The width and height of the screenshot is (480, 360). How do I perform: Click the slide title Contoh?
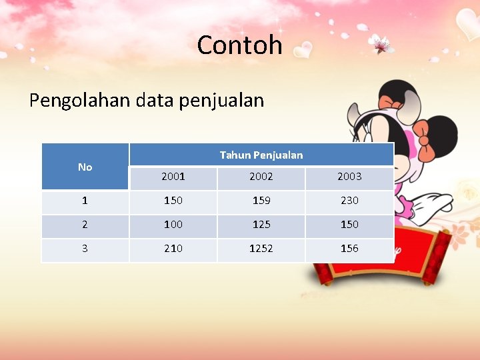[239, 45]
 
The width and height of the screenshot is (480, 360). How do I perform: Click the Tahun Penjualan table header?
[261, 155]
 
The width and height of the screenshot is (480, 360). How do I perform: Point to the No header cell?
[85, 167]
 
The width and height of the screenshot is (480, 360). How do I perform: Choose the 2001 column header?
[173, 177]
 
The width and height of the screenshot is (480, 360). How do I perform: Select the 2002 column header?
[261, 177]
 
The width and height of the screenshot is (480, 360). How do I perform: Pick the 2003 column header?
[349, 177]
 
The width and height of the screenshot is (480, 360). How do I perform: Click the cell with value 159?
[261, 201]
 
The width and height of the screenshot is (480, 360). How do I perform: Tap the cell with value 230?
[349, 201]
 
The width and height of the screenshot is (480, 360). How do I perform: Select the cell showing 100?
[173, 225]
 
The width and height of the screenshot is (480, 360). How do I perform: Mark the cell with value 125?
[261, 225]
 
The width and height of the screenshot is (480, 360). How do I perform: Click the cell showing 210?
[173, 249]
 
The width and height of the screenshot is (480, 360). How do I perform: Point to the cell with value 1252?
[261, 249]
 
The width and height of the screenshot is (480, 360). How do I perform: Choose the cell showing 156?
[349, 249]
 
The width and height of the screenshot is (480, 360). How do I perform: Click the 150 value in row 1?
[173, 201]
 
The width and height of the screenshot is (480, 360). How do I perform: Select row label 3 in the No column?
[85, 249]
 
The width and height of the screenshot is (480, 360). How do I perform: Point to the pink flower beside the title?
[381, 45]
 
